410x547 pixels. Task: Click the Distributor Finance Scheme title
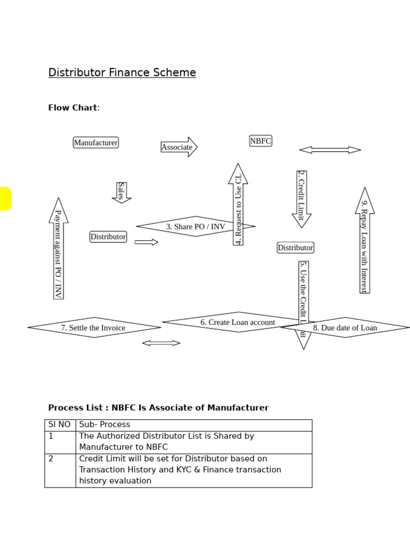point(122,73)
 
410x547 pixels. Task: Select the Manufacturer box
point(96,143)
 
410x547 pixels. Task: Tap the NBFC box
point(261,141)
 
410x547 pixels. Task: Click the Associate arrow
point(178,147)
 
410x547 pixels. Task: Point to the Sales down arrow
point(122,192)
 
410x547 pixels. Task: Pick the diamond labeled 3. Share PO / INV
point(195,226)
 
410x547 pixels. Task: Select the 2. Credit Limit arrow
point(302,198)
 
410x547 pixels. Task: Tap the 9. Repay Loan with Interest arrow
point(365,240)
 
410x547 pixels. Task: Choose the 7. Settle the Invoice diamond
point(93,327)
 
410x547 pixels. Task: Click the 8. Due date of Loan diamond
point(345,327)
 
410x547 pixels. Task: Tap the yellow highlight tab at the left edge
point(5,199)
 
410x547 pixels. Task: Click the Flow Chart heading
point(73,108)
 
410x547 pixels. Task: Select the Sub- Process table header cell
point(105,425)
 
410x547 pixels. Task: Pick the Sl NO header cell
point(59,425)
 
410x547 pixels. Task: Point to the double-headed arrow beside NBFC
point(330,150)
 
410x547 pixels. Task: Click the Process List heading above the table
point(158,408)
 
